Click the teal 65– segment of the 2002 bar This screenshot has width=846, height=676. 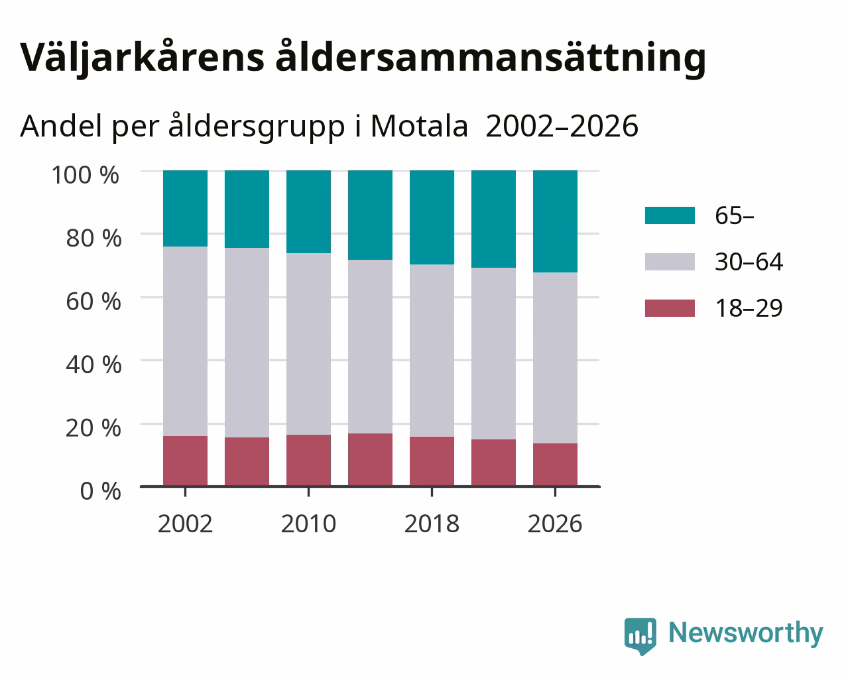pos(185,208)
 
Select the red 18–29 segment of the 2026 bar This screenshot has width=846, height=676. pos(555,465)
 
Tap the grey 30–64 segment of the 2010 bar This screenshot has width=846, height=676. pos(308,344)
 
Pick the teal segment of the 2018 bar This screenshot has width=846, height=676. pos(432,217)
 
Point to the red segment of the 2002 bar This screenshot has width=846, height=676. pos(185,461)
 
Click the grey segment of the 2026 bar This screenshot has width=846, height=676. pos(555,358)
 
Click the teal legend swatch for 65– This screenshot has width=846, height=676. pos(670,215)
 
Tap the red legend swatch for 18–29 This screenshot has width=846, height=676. pos(670,308)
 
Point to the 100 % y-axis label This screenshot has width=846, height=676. pos(86,175)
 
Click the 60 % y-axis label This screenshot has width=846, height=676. pos(93,302)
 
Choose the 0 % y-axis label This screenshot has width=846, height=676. pos(101,491)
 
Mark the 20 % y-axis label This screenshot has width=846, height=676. pos(93,428)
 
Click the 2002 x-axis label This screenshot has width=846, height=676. pos(185,524)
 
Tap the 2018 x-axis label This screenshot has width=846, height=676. pos(432,524)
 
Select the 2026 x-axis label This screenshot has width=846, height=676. pos(555,524)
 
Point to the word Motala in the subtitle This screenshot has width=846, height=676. pos(420,127)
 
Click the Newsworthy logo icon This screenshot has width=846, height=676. pos(640,635)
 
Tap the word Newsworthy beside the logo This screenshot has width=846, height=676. pos(746,634)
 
